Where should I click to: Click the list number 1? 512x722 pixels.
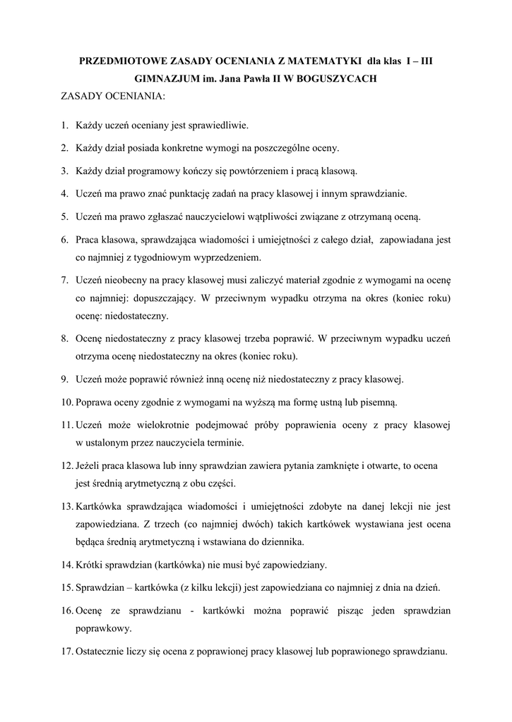[64, 126]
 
